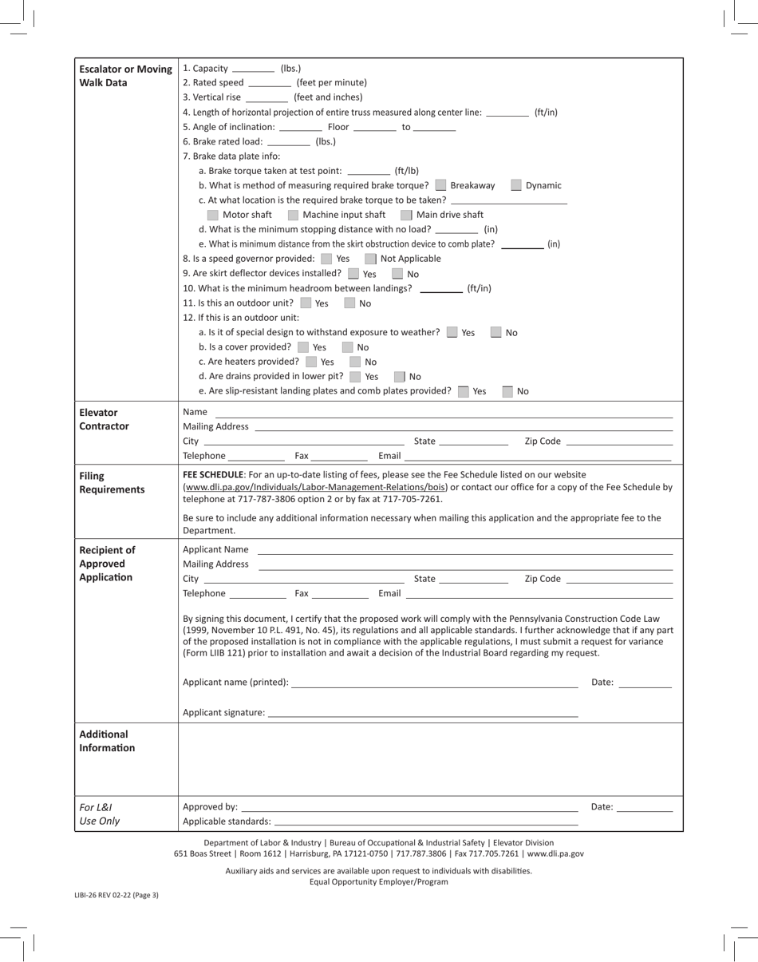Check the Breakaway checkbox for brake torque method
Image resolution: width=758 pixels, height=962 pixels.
pyautogui.click(x=441, y=185)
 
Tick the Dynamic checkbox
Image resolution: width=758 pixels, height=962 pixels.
pyautogui.click(x=516, y=185)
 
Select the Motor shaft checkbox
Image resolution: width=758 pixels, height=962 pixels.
pyautogui.click(x=213, y=215)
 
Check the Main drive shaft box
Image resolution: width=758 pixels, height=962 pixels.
pyautogui.click(x=406, y=215)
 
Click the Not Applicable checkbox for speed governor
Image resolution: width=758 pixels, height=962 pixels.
pyautogui.click(x=370, y=259)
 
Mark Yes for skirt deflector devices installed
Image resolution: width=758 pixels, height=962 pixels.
pyautogui.click(x=353, y=274)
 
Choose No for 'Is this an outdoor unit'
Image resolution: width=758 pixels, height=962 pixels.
pyautogui.click(x=349, y=303)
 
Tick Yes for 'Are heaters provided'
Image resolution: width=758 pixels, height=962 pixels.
pyautogui.click(x=311, y=362)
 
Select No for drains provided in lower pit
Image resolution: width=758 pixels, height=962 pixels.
pyautogui.click(x=400, y=377)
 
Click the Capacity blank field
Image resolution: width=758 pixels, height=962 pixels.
pyautogui.click(x=253, y=69)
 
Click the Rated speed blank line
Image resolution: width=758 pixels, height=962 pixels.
pyautogui.click(x=270, y=83)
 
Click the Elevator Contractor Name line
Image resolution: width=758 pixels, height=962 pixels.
pyautogui.click(x=444, y=413)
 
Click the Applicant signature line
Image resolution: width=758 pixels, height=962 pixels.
pyautogui.click(x=422, y=713)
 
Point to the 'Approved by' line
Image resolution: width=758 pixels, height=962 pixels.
pyautogui.click(x=409, y=807)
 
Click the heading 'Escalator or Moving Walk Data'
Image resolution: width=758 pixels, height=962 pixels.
pyautogui.click(x=125, y=76)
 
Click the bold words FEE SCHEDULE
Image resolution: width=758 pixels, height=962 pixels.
pyautogui.click(x=213, y=474)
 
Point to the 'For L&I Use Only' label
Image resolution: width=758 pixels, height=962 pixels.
pyautogui.click(x=100, y=814)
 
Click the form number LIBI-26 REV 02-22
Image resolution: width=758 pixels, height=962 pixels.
pyautogui.click(x=116, y=895)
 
